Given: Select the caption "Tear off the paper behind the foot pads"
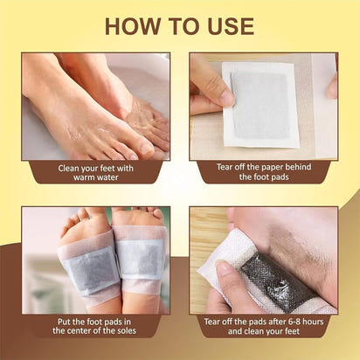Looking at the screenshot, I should tap(264, 170).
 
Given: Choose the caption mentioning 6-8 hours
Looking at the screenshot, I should tap(264, 325).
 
